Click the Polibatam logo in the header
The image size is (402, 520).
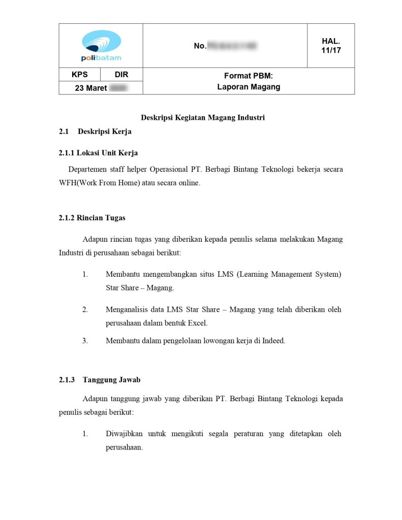(x=101, y=45)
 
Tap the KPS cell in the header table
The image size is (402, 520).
(x=80, y=75)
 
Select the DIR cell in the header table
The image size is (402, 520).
(x=121, y=75)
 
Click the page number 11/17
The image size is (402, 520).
(x=331, y=50)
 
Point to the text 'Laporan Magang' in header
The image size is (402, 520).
(x=249, y=87)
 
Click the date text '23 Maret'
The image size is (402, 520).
(x=91, y=88)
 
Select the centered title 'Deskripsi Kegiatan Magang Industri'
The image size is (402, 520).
(x=203, y=118)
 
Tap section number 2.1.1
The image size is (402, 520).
(x=67, y=153)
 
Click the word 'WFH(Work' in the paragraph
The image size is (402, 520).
(x=75, y=183)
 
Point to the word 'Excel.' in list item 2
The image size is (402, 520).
(x=197, y=322)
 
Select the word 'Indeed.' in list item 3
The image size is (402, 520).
(x=273, y=341)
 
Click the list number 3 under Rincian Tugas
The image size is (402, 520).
(x=85, y=341)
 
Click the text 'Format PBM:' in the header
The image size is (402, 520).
(x=249, y=76)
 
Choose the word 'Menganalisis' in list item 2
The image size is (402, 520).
(x=127, y=309)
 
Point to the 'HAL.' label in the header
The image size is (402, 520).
(x=331, y=41)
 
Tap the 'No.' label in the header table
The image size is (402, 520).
(x=200, y=46)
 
